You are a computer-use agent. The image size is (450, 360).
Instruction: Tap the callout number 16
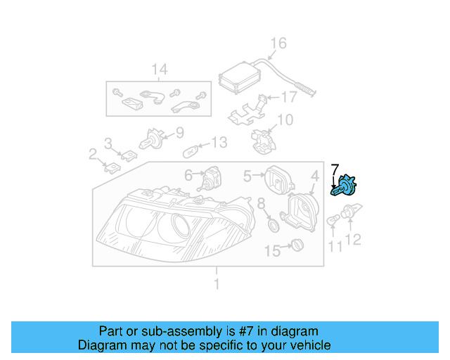click(x=278, y=44)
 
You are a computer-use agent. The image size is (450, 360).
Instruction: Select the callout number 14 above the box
click(x=160, y=69)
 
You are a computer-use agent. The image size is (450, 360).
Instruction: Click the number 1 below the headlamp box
click(x=217, y=284)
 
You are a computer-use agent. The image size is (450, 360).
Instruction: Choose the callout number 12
click(x=352, y=240)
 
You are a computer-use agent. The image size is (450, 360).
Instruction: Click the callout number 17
click(x=289, y=98)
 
